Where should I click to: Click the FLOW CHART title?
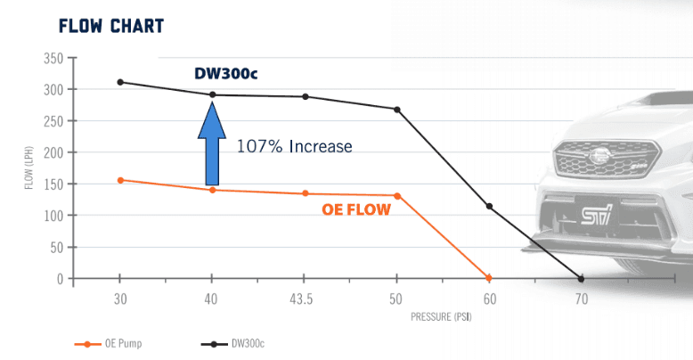point(110,25)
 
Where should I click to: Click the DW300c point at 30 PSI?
point(120,82)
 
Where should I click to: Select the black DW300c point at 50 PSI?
point(397,110)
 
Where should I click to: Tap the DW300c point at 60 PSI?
point(489,207)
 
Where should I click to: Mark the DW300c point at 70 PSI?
point(582,278)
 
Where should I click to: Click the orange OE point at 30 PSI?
point(120,180)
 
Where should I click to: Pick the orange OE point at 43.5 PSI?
point(306,193)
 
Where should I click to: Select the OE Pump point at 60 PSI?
point(488,277)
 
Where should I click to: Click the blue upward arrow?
point(212,143)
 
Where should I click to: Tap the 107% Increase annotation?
point(294,146)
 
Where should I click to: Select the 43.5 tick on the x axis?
point(306,299)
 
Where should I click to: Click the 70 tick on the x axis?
point(582,299)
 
